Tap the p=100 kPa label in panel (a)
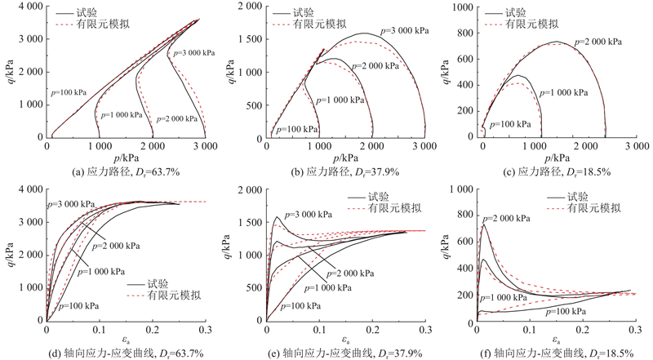(69, 92)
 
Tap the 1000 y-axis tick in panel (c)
(464, 7)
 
